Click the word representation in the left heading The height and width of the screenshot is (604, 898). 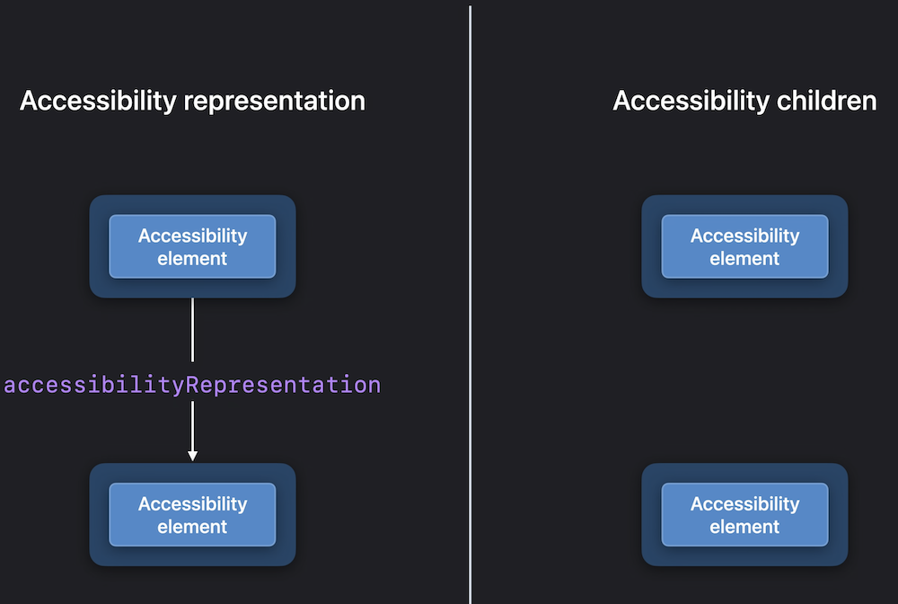[x=274, y=102]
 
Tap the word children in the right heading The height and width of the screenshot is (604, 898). [x=826, y=101]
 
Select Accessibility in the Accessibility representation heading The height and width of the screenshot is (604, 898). [x=98, y=102]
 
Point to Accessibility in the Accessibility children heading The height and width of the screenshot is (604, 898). [x=691, y=102]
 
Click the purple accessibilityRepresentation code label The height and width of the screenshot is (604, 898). [x=192, y=385]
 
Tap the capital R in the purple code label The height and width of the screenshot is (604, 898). [x=192, y=385]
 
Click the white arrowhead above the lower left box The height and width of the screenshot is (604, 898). [x=192, y=456]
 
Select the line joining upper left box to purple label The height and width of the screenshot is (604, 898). [x=192, y=330]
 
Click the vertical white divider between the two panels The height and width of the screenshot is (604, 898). [x=471, y=304]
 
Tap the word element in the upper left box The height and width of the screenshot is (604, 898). [x=192, y=259]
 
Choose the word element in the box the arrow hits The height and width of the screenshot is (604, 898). [x=192, y=527]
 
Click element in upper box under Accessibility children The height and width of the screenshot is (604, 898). [x=744, y=259]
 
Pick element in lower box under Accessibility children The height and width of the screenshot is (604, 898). [x=744, y=527]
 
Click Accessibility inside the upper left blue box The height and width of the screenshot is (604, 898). [x=192, y=235]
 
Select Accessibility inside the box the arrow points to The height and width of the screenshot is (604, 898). [x=192, y=503]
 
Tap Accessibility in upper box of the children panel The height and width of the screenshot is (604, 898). [x=744, y=235]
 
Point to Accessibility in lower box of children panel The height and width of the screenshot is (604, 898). [x=744, y=503]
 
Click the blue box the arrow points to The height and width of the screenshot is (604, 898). [x=192, y=515]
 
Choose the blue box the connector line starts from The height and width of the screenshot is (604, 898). [x=192, y=246]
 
